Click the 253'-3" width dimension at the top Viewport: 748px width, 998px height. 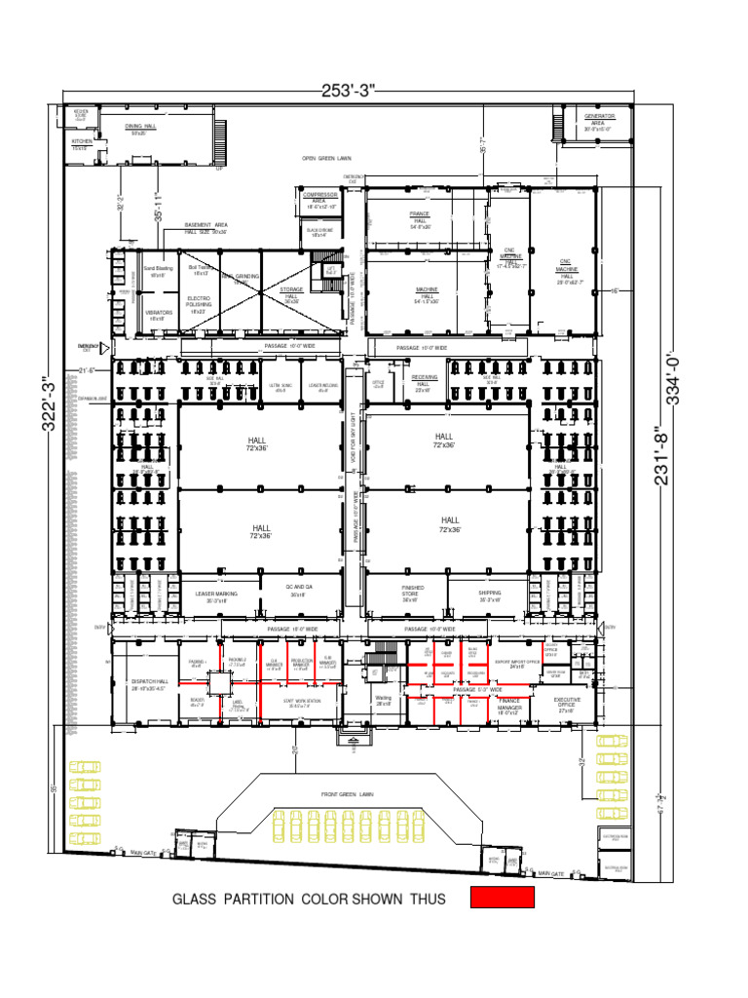point(348,91)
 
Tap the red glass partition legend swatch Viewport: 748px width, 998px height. point(503,898)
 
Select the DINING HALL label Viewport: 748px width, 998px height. point(140,129)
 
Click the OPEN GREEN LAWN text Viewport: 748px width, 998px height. point(326,158)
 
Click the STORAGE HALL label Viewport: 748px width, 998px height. point(292,292)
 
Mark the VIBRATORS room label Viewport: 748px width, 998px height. point(158,315)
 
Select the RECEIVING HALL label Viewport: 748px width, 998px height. point(424,380)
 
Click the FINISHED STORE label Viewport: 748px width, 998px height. point(413,592)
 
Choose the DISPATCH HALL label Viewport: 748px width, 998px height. point(149,684)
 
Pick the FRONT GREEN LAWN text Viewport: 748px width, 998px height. point(348,794)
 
